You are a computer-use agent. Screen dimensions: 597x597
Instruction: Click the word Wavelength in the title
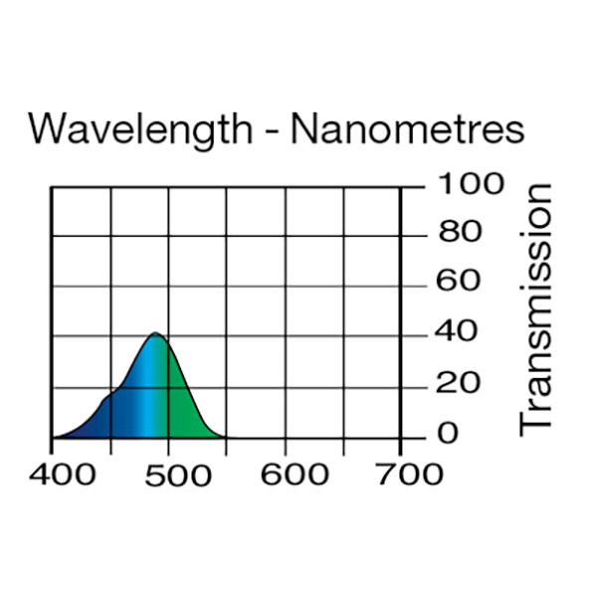pos(140,129)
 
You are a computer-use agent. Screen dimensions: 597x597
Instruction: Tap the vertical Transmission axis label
pos(535,308)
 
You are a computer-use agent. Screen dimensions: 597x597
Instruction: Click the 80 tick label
pos(456,234)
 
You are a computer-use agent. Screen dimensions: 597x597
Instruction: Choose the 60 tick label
pos(456,283)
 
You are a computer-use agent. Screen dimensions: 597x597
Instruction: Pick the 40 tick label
pos(456,332)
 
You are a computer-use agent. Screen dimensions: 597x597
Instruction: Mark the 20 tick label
pos(456,383)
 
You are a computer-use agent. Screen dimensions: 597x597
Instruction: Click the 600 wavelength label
pos(294,474)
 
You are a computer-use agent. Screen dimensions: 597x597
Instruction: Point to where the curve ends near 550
pos(225,436)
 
